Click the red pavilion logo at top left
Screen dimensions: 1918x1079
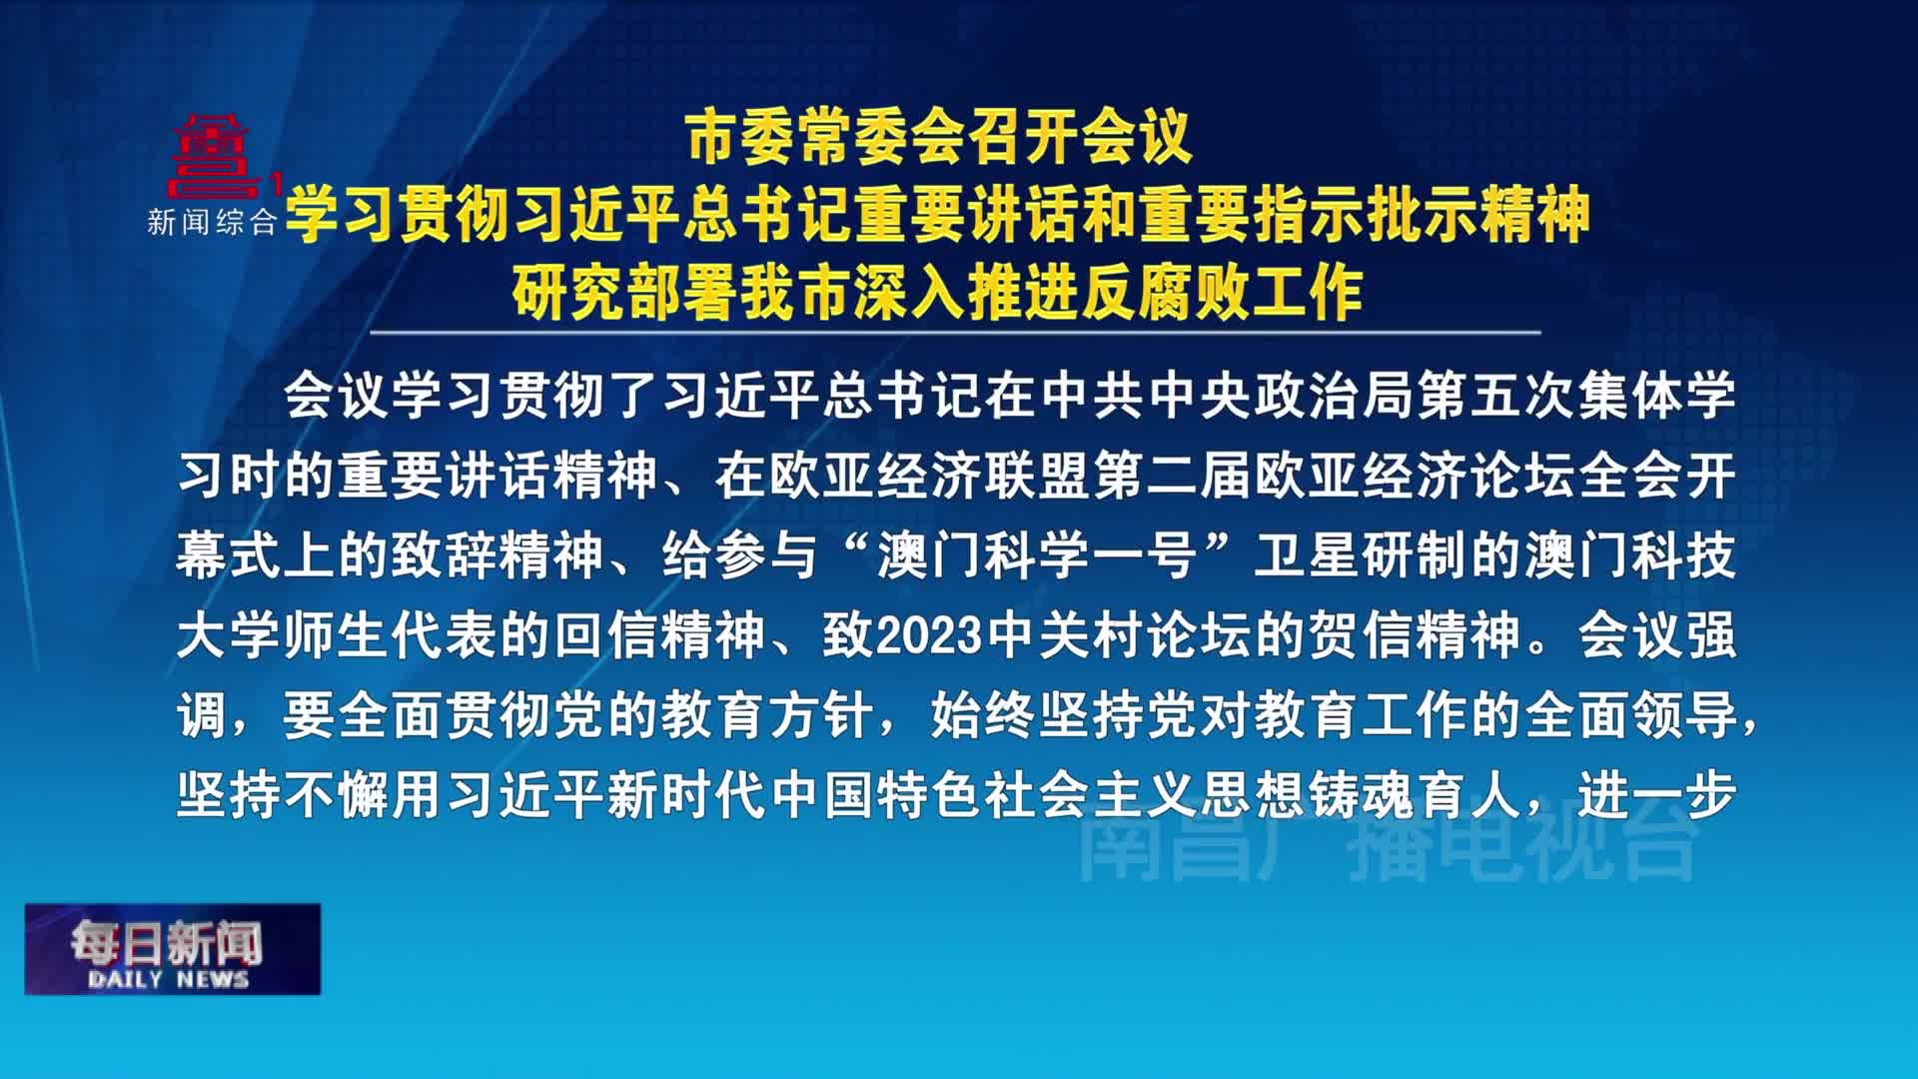[212, 156]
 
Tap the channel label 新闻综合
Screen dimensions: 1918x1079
[212, 222]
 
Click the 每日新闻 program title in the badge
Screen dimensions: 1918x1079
[167, 941]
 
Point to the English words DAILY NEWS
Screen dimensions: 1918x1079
[168, 979]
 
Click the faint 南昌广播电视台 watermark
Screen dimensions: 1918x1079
[1389, 846]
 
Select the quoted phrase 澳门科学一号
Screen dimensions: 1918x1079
[1038, 555]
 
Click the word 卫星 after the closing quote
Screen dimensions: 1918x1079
[1307, 555]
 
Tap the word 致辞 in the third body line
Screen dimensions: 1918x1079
[444, 555]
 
